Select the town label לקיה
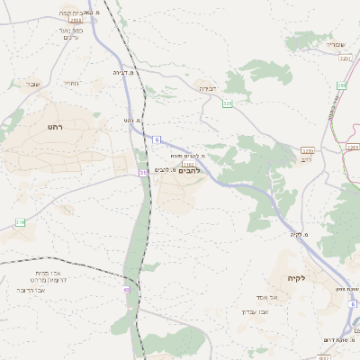297,278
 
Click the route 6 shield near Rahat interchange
156,139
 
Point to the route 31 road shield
142,172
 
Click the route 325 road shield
228,104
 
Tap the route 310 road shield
20,221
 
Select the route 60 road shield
127,291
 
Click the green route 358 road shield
342,85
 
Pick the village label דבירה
206,89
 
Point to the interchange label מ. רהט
134,120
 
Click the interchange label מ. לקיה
300,235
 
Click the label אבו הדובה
32,291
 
